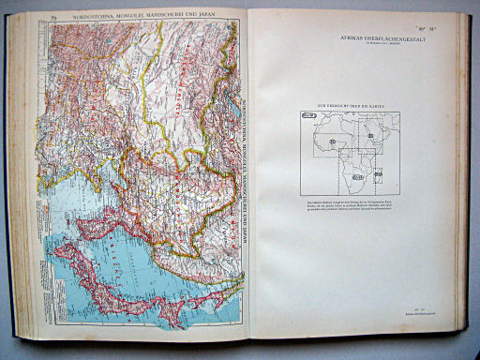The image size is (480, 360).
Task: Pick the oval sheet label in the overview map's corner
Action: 308,116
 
